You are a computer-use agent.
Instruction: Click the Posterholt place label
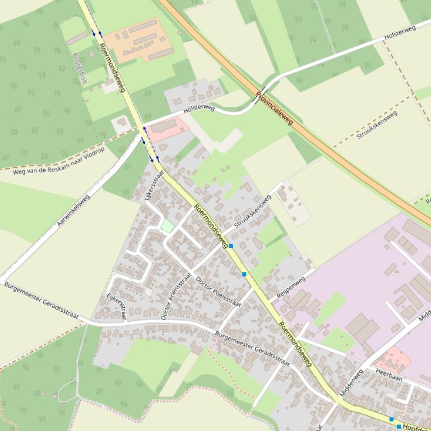point(80,68)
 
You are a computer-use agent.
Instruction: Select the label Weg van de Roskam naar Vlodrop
point(58,161)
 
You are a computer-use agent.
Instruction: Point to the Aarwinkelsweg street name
point(73,210)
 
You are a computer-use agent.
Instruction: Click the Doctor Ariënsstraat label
point(176,296)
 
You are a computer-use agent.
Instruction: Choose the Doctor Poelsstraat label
point(219,292)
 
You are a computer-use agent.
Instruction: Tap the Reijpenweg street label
point(291,287)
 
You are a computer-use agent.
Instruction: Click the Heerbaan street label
point(389,378)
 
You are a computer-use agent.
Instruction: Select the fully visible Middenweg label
point(351,382)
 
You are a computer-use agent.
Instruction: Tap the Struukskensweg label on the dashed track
point(377,125)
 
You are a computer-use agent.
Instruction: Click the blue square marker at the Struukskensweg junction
point(231,246)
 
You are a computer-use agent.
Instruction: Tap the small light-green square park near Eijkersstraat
point(168,226)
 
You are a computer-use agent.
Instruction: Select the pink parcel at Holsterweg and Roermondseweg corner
point(168,128)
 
